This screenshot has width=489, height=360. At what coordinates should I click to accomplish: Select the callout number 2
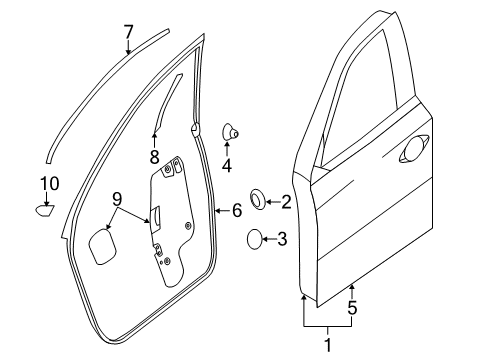[x=286, y=202]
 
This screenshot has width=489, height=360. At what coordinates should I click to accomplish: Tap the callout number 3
[x=282, y=239]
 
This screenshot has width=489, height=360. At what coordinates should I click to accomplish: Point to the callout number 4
[x=227, y=164]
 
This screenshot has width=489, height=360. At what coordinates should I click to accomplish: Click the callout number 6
[x=236, y=210]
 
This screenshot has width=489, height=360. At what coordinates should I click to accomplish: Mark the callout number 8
[x=154, y=155]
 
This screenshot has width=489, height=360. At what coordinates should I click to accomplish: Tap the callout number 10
[x=49, y=182]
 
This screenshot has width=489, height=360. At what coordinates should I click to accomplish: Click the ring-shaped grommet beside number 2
[x=257, y=201]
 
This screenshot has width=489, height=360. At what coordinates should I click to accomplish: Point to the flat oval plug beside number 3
[x=256, y=239]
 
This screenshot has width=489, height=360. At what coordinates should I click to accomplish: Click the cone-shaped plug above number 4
[x=229, y=130]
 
